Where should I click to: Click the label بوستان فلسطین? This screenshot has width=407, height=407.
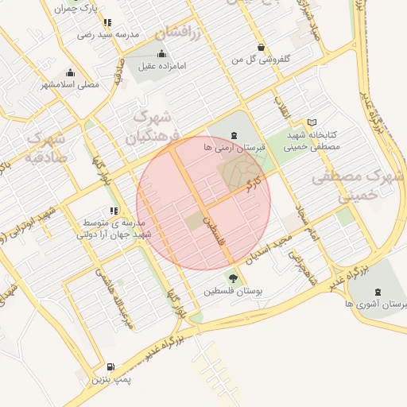pos(233,292)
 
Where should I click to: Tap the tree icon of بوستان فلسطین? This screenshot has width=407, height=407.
pos(233,278)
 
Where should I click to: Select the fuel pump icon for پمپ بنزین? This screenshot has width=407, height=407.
pos(109,367)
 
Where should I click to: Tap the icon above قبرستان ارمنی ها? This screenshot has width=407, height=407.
pos(233,136)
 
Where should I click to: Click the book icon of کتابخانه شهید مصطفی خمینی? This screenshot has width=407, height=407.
pos(311,122)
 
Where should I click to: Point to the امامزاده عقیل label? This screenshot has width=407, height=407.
pos(161,67)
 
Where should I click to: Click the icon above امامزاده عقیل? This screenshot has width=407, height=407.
pos(162,53)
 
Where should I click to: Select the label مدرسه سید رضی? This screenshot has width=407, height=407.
pos(108,35)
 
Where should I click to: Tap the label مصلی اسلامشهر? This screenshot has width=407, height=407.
pos(69,83)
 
